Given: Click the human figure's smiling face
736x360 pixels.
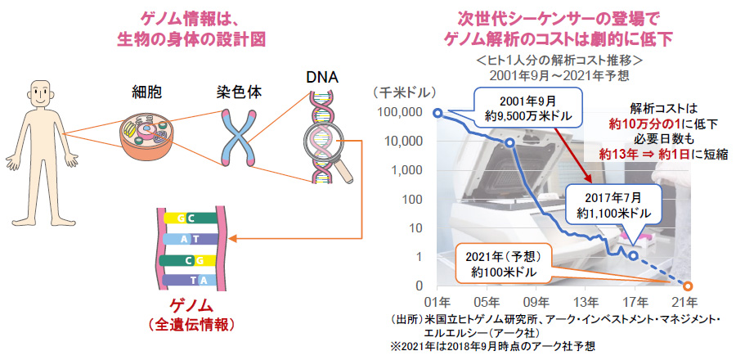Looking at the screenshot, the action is [x=39, y=95].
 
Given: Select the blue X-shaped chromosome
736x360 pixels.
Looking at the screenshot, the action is [x=240, y=138].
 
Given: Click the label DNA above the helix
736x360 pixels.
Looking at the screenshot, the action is [x=321, y=78].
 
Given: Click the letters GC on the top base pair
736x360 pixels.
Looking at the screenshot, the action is [x=186, y=218].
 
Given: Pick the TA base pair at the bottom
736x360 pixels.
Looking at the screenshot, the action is [x=190, y=280].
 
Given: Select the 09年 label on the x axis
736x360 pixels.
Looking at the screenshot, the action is [x=536, y=301].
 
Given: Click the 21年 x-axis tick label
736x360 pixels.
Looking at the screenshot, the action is [x=686, y=301].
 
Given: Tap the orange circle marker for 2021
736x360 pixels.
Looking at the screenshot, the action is [x=687, y=286].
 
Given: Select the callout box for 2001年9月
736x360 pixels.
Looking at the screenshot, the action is [x=528, y=109].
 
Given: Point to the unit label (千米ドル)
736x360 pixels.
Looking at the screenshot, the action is [x=405, y=92].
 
